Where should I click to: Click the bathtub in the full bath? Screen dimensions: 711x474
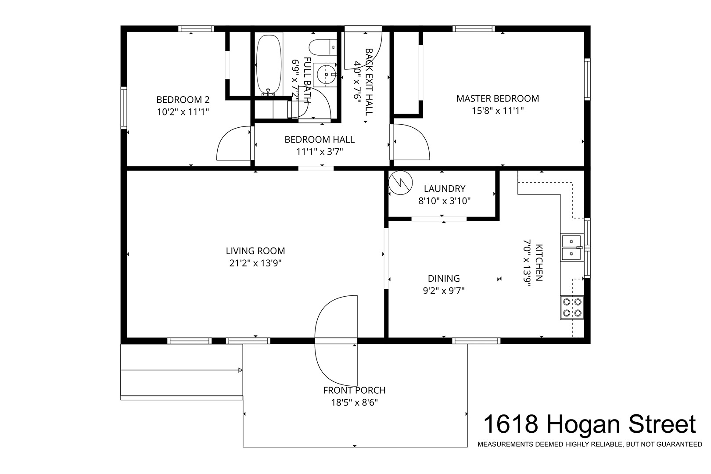269,65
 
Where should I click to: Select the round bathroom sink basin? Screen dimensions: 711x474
326,75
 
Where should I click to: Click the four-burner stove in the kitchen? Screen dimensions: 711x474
572,307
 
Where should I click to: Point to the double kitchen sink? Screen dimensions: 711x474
572,248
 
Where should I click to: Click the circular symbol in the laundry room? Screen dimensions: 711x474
401,183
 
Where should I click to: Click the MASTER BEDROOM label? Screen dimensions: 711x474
497,99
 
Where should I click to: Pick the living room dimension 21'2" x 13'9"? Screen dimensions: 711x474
255,263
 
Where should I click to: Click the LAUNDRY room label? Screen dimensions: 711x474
444,189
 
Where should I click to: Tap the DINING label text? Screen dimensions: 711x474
444,278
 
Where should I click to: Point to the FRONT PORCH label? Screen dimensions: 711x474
354,390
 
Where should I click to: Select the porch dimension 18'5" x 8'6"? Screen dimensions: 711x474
354,402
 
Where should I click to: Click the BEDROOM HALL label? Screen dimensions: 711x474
320,140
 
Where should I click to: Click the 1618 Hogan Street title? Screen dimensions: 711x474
589,424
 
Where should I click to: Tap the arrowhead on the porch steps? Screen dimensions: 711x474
240,370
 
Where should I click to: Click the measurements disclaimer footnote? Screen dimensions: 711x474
590,445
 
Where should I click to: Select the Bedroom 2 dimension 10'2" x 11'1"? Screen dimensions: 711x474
183,112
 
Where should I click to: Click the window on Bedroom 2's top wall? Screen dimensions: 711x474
196,29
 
